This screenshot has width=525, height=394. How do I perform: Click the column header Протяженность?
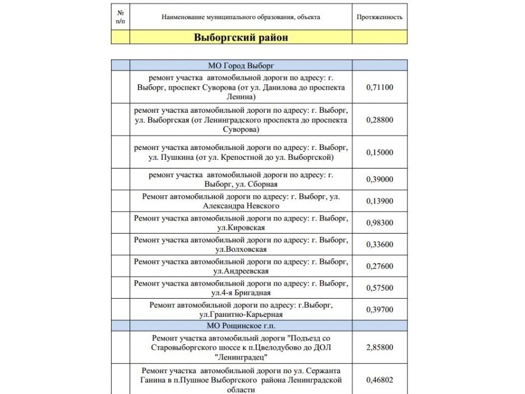pyautogui.click(x=380, y=17)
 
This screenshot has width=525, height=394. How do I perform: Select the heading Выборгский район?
pyautogui.click(x=241, y=38)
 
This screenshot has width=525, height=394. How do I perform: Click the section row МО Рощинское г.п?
pyautogui.click(x=241, y=326)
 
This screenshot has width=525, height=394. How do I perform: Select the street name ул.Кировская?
pyautogui.click(x=241, y=228)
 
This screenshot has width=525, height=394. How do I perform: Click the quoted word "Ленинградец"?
pyautogui.click(x=241, y=357)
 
